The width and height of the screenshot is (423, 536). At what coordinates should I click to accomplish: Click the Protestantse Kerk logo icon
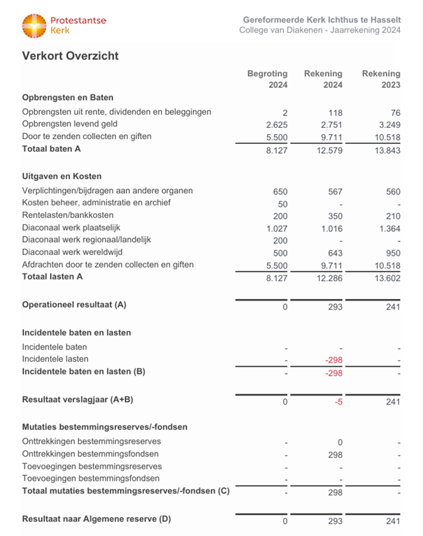pyautogui.click(x=34, y=26)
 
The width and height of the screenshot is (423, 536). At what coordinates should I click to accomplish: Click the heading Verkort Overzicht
pyautogui.click(x=70, y=56)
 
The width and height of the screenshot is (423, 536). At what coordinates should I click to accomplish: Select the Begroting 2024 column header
pyautogui.click(x=267, y=80)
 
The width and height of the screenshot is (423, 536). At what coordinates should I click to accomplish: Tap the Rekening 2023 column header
pyautogui.click(x=381, y=80)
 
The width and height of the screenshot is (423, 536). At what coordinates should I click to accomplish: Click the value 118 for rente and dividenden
pyautogui.click(x=334, y=112)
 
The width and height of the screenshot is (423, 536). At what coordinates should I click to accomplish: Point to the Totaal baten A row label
pyautogui.click(x=52, y=149)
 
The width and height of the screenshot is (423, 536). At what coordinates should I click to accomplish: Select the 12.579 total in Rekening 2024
pyautogui.click(x=327, y=150)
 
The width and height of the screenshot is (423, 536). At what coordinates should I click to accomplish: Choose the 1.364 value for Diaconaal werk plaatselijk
pyautogui.click(x=386, y=228)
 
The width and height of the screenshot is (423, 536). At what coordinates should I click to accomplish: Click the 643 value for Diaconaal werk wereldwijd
pyautogui.click(x=334, y=253)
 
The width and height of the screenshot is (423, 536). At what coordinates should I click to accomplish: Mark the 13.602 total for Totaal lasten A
pyautogui.click(x=384, y=278)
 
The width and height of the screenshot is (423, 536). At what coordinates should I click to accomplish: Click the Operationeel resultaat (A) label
pyautogui.click(x=74, y=305)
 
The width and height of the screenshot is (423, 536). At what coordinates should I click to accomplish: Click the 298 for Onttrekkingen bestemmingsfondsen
pyautogui.click(x=334, y=454)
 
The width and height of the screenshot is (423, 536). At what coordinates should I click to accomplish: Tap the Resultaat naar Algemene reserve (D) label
pyautogui.click(x=96, y=519)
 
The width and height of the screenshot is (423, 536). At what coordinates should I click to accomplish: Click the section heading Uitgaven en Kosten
pyautogui.click(x=62, y=177)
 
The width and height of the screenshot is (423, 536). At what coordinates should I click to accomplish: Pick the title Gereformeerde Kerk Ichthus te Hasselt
pyautogui.click(x=322, y=19)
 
